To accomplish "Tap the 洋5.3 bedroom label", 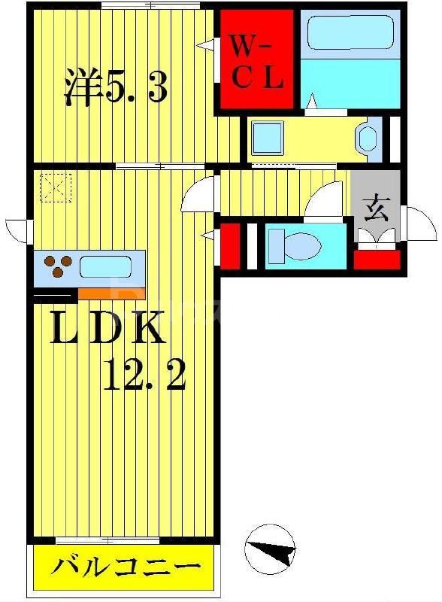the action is click(116, 87).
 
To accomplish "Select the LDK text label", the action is click(107, 327).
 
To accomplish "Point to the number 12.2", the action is click(144, 375).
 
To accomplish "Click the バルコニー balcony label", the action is click(126, 566).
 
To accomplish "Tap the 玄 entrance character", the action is click(377, 209).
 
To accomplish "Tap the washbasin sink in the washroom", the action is click(367, 138).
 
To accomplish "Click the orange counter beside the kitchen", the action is click(111, 293).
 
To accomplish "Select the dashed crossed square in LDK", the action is click(56, 187).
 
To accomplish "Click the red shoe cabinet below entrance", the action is click(377, 260).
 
